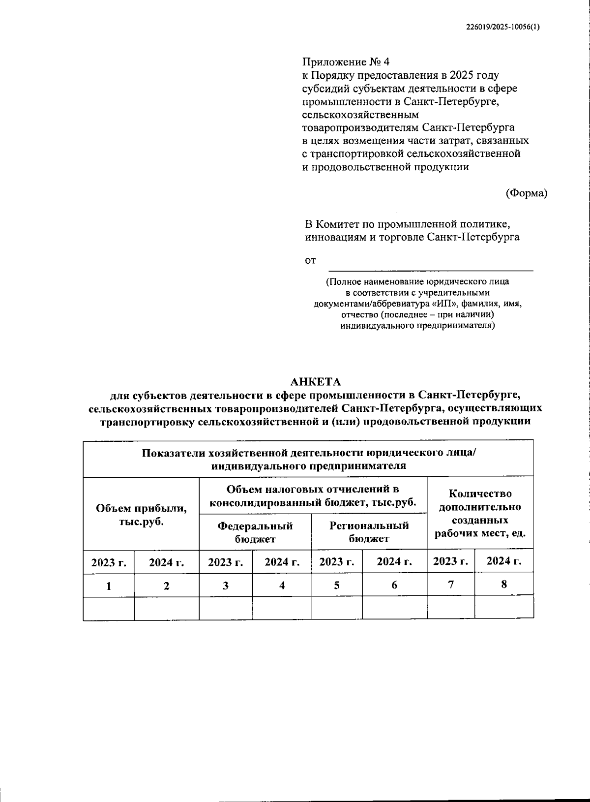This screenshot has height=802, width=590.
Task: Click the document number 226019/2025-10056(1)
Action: click(x=502, y=28)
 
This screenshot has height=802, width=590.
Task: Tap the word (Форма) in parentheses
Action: click(x=526, y=193)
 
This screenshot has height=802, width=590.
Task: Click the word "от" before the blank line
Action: click(x=310, y=261)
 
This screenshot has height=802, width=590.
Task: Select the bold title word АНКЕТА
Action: click(x=315, y=382)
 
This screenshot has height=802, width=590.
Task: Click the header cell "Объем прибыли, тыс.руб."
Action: click(x=141, y=515)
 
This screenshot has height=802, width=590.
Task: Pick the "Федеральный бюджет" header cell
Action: click(x=255, y=532)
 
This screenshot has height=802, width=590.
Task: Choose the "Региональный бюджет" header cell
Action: click(x=369, y=532)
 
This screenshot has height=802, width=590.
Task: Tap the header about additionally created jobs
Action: click(x=480, y=514)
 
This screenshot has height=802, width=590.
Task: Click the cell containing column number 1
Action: click(x=109, y=586)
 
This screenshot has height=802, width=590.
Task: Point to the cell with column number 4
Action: click(x=282, y=586)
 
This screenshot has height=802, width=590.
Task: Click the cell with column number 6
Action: click(x=394, y=586)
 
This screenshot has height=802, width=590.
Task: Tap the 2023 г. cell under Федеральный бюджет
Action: click(x=226, y=562)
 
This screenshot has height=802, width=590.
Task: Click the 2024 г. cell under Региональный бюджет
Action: click(x=394, y=561)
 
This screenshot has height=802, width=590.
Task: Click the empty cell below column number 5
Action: click(x=337, y=608)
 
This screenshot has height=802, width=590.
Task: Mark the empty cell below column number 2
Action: click(x=167, y=608)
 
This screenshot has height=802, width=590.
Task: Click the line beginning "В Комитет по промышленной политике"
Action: click(x=407, y=224)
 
